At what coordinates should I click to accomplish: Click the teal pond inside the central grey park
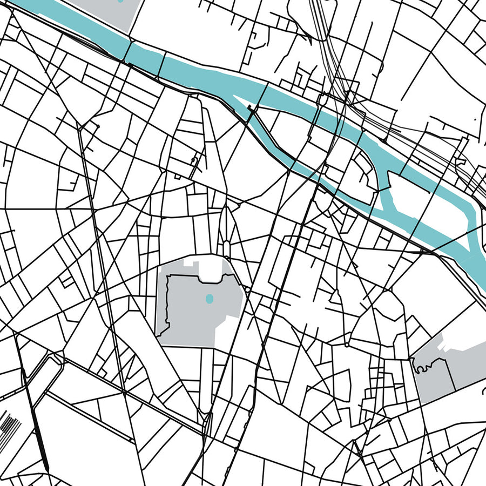(210, 298)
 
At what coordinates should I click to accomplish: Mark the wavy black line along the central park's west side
(168, 302)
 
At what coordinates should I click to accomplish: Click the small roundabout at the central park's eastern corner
(247, 290)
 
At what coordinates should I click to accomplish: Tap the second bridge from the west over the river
(160, 64)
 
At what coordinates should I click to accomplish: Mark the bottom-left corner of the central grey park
(158, 335)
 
